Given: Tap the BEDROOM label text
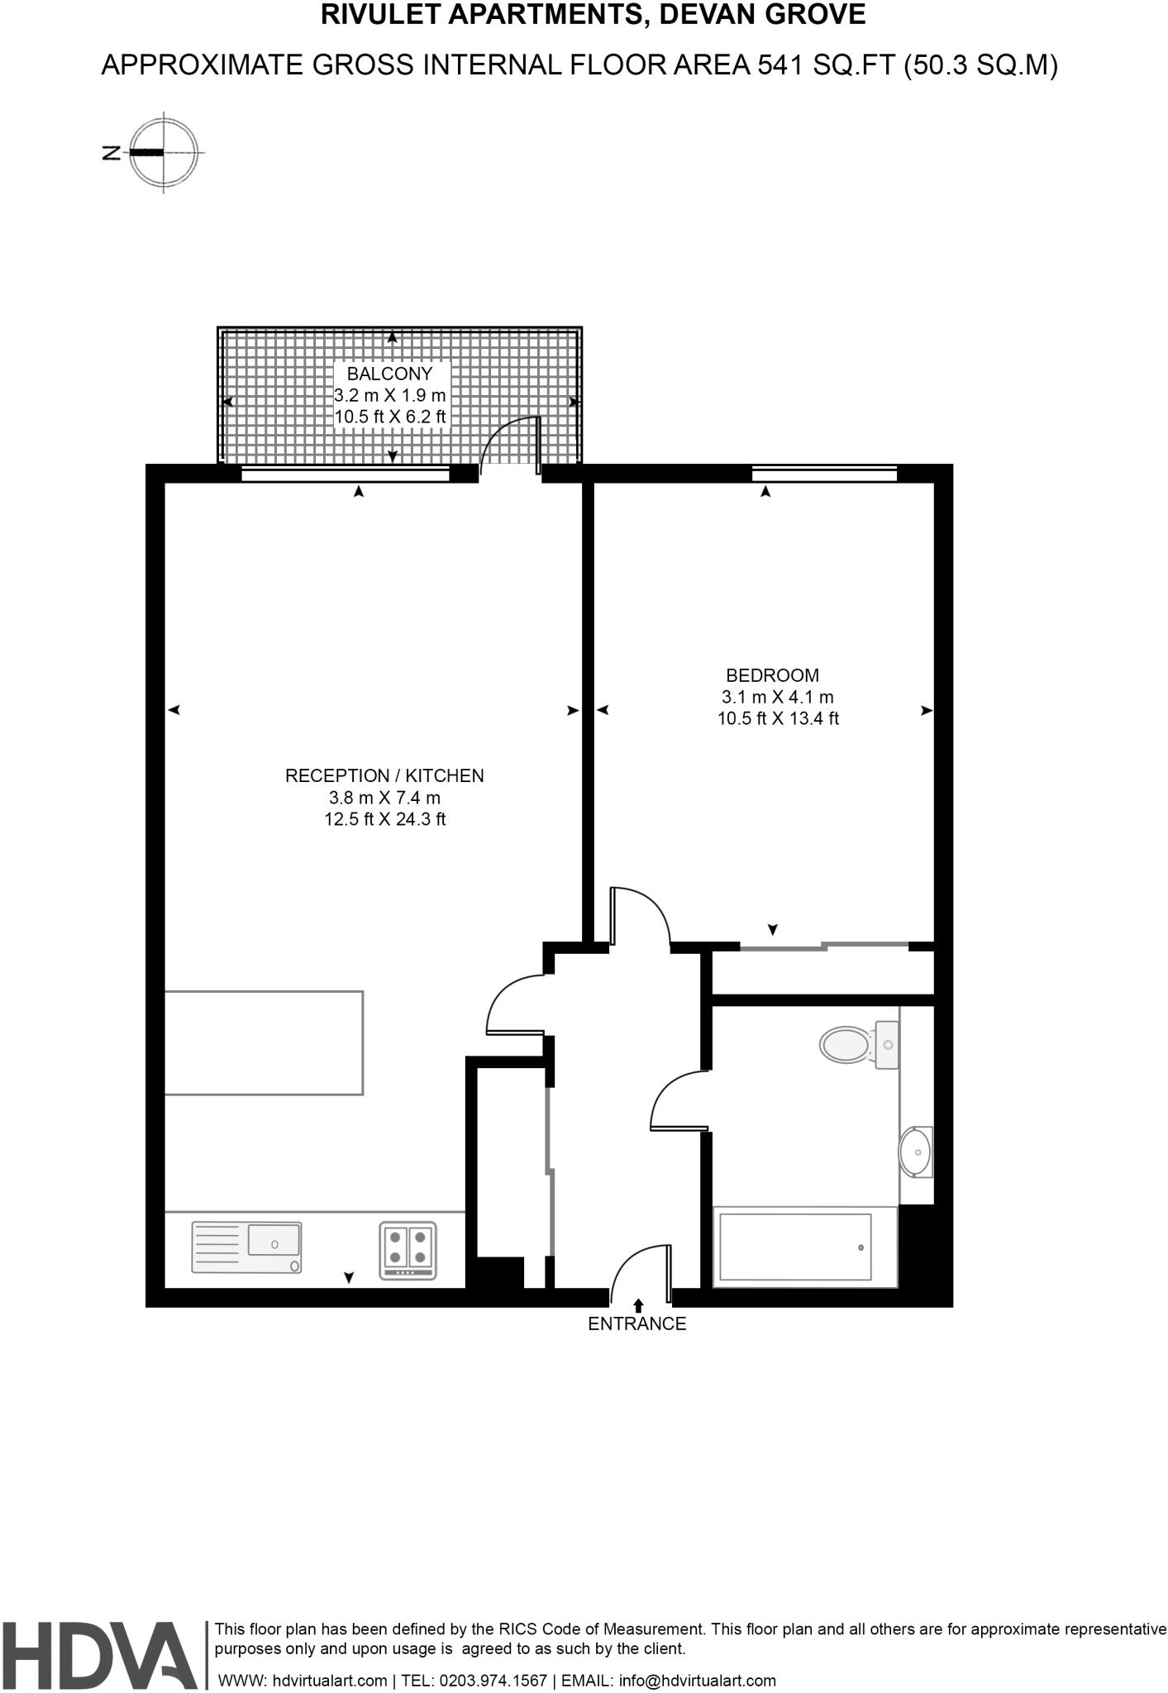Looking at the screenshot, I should (772, 675).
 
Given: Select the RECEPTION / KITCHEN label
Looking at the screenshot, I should (384, 775).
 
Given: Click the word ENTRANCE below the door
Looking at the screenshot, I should (636, 1323).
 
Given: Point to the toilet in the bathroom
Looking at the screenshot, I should (851, 1044).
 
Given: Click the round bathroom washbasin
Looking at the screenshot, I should (915, 1151).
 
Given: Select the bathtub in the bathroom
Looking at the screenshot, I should (795, 1247).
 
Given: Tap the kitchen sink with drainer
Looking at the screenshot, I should (246, 1247).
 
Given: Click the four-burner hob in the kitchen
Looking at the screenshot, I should (408, 1249).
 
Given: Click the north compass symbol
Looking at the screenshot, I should (164, 152).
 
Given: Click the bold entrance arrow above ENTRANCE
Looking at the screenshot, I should (638, 1305).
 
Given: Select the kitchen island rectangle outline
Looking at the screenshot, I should (264, 1042).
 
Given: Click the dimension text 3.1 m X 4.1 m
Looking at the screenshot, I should (777, 697).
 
